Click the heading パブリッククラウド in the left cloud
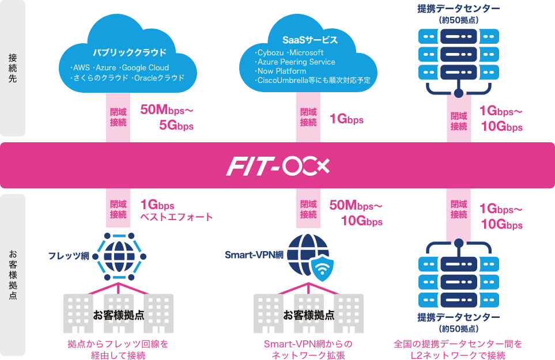130,52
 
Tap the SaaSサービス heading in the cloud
309,40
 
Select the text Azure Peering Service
296,62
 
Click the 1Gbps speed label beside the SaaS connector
346,120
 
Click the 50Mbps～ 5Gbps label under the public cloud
167,117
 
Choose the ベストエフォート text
177,217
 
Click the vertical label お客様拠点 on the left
13,275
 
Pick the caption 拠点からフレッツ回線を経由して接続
118,349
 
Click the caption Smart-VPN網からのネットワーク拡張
308,349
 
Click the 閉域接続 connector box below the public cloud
118,117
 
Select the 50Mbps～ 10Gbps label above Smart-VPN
356,213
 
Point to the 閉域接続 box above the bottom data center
459,209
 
